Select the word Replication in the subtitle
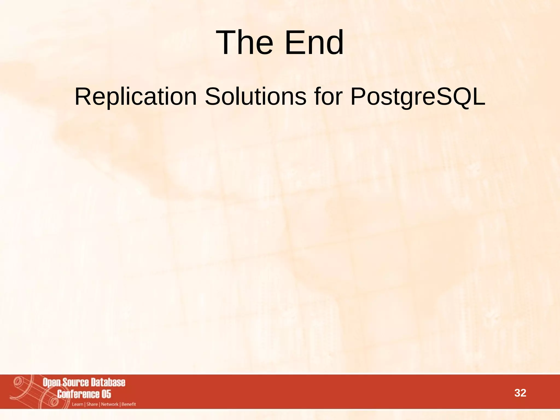(x=136, y=97)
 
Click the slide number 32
(x=520, y=393)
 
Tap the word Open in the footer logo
(x=51, y=383)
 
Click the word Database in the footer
(x=108, y=382)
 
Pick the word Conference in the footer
(x=78, y=394)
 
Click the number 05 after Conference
(x=106, y=394)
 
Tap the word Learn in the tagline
(x=77, y=404)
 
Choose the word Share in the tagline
(x=92, y=404)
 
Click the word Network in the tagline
(x=110, y=404)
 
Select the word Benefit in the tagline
(x=129, y=404)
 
